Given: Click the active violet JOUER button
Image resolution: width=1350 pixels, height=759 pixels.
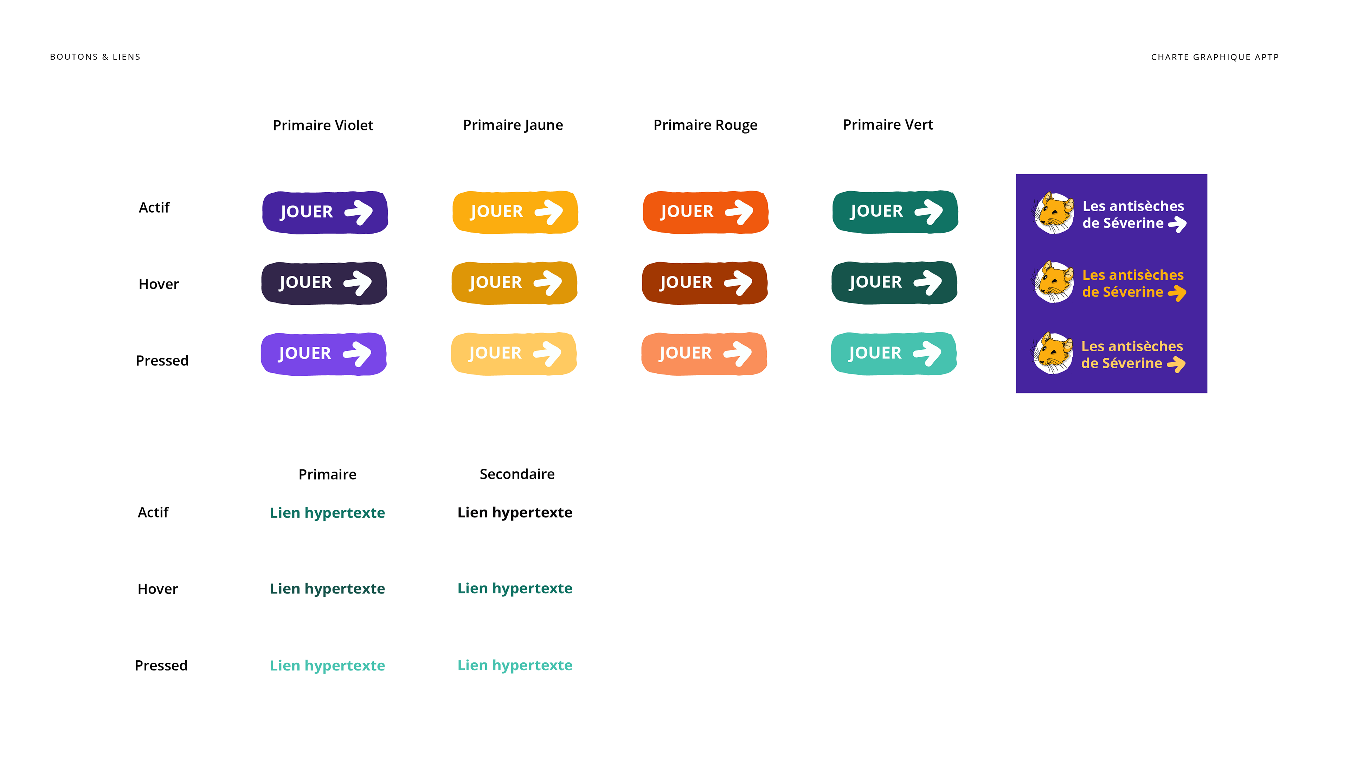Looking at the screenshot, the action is tap(325, 212).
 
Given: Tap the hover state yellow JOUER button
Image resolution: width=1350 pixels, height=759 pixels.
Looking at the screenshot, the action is tap(515, 283).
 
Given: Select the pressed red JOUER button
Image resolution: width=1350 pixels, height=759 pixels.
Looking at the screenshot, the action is tap(704, 353).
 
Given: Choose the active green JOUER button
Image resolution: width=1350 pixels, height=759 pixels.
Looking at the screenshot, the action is tap(895, 212).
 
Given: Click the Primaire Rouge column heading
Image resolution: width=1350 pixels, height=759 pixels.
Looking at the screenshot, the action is tap(705, 125).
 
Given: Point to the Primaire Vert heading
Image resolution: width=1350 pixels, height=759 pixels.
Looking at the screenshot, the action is tap(888, 125).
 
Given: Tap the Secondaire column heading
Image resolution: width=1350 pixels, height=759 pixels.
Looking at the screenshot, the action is tap(517, 474).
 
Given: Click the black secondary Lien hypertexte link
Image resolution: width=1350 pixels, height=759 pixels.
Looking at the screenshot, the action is tap(515, 512).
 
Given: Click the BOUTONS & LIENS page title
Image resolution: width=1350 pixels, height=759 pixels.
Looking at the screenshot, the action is tap(95, 57).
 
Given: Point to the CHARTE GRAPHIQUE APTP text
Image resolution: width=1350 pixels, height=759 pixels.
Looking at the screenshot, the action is tap(1215, 57).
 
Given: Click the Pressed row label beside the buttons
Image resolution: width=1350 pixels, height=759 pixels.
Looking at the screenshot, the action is tap(162, 361).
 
